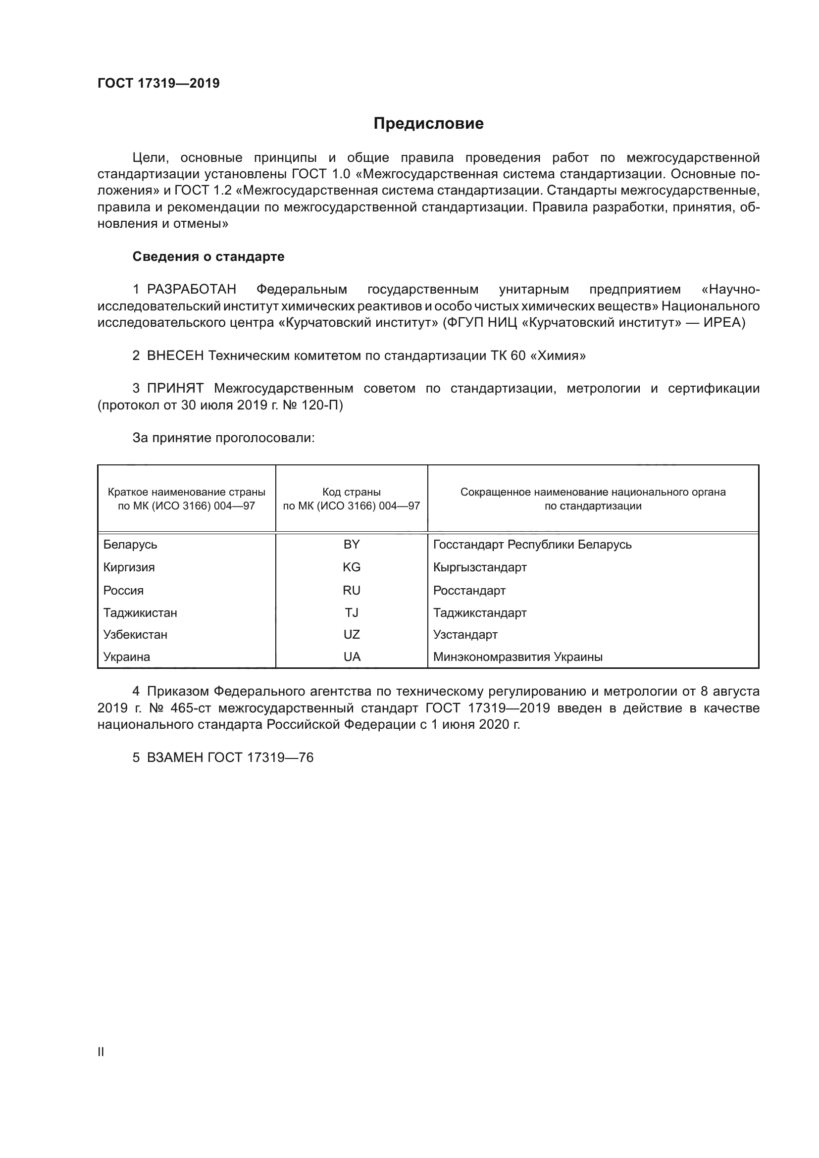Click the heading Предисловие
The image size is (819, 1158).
428,124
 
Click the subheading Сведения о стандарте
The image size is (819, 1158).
208,257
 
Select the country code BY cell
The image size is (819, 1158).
351,545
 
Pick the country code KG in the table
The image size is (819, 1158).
351,567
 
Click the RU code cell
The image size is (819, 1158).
351,591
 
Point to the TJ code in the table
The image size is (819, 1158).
351,613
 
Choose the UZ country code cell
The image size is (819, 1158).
351,635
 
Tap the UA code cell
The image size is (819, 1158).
351,656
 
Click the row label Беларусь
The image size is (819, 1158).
130,545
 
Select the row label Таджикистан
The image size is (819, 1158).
140,613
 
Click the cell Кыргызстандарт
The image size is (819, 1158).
480,567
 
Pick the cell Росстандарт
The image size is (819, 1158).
469,591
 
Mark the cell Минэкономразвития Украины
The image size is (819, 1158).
518,656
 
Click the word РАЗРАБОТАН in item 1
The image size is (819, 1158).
192,290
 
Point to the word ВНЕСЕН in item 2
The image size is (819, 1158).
175,356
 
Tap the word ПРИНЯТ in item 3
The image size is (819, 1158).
175,388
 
